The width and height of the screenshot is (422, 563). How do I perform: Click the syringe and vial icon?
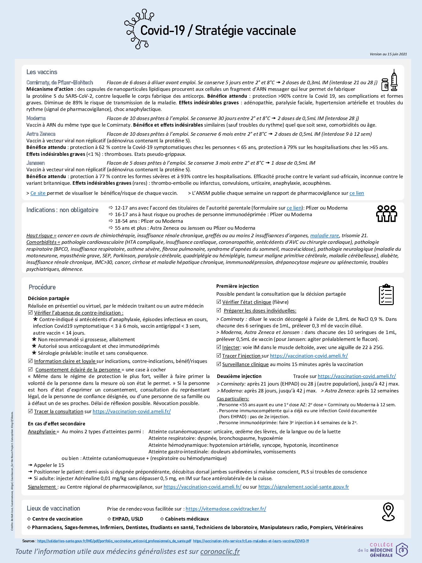(390, 81)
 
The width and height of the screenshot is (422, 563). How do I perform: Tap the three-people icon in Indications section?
(387, 214)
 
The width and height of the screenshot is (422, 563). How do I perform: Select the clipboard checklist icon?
(386, 294)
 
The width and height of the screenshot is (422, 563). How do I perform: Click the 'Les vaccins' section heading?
(42, 72)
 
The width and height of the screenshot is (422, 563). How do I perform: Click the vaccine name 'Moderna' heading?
(36, 118)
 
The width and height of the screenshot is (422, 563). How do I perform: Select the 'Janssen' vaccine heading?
(36, 163)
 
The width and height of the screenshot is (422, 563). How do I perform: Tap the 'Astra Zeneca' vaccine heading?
(41, 134)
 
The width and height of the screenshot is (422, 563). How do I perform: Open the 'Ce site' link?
(38, 193)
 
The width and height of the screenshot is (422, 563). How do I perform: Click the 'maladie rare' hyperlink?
(324, 235)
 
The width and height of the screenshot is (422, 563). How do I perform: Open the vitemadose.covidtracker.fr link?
(226, 509)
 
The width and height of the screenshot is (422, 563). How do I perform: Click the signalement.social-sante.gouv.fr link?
(303, 487)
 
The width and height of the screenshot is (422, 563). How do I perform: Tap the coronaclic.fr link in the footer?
(220, 551)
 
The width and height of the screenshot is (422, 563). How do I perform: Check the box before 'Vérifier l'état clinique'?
(219, 302)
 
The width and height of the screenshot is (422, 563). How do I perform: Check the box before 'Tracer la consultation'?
(30, 411)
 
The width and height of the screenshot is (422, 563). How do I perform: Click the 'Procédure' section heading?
(42, 287)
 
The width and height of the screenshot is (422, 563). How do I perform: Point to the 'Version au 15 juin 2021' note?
(388, 54)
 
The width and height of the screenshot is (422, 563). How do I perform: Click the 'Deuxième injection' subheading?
(239, 376)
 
